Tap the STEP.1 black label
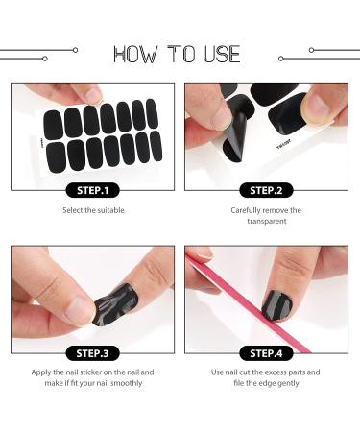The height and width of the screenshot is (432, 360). tap(93, 190)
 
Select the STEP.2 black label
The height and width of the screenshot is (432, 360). tap(266, 190)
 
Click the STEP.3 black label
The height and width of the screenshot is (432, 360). tap(93, 353)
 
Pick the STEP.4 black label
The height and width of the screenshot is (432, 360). tap(266, 353)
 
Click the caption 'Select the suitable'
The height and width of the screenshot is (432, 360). tap(93, 210)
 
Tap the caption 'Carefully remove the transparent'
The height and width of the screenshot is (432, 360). tap(266, 215)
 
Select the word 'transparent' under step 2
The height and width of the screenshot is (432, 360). tap(266, 221)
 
